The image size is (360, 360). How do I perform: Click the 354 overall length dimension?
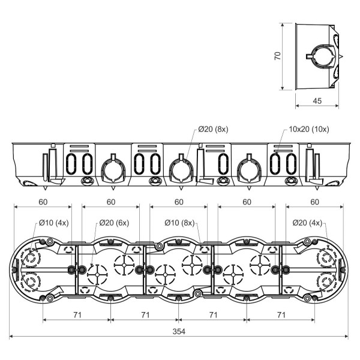point(179,331)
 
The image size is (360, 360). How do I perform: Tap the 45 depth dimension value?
point(317,101)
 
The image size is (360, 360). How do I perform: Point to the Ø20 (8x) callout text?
point(213,130)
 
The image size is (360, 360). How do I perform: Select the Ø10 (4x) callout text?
point(53,223)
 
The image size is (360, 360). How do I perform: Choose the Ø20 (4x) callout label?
point(308,223)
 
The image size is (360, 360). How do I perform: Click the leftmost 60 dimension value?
point(43,202)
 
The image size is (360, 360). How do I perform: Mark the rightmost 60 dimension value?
point(314,202)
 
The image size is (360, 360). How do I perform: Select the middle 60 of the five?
point(179,202)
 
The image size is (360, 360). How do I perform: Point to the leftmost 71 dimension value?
point(77,314)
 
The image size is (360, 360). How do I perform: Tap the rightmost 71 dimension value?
point(281,314)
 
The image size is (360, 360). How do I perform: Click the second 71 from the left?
point(145,314)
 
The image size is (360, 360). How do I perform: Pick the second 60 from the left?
point(111,202)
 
